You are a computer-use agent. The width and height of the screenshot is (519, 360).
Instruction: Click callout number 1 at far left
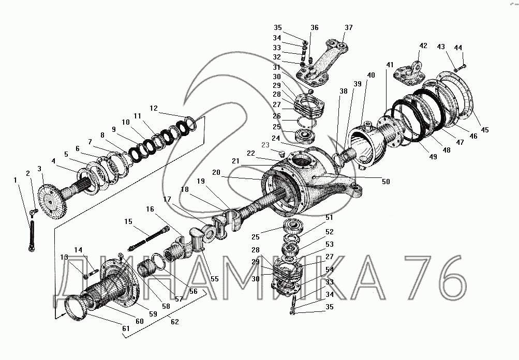click(x=15, y=180)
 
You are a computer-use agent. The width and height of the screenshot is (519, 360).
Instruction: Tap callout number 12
click(x=154, y=108)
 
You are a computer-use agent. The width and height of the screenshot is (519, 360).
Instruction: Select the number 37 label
click(x=349, y=27)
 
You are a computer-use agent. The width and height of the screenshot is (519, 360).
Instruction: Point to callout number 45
click(x=484, y=130)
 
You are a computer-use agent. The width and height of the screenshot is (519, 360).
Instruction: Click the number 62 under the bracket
click(x=174, y=322)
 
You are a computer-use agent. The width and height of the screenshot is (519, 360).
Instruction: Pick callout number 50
click(x=386, y=182)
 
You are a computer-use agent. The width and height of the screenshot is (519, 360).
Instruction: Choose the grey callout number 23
click(x=265, y=145)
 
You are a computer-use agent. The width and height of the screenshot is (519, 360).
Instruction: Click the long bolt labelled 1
click(x=32, y=236)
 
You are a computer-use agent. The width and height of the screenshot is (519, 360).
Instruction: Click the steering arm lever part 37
click(x=323, y=64)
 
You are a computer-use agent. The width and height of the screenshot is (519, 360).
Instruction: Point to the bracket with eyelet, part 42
click(x=409, y=72)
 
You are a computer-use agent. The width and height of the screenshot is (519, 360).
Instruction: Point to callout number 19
click(x=201, y=181)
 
